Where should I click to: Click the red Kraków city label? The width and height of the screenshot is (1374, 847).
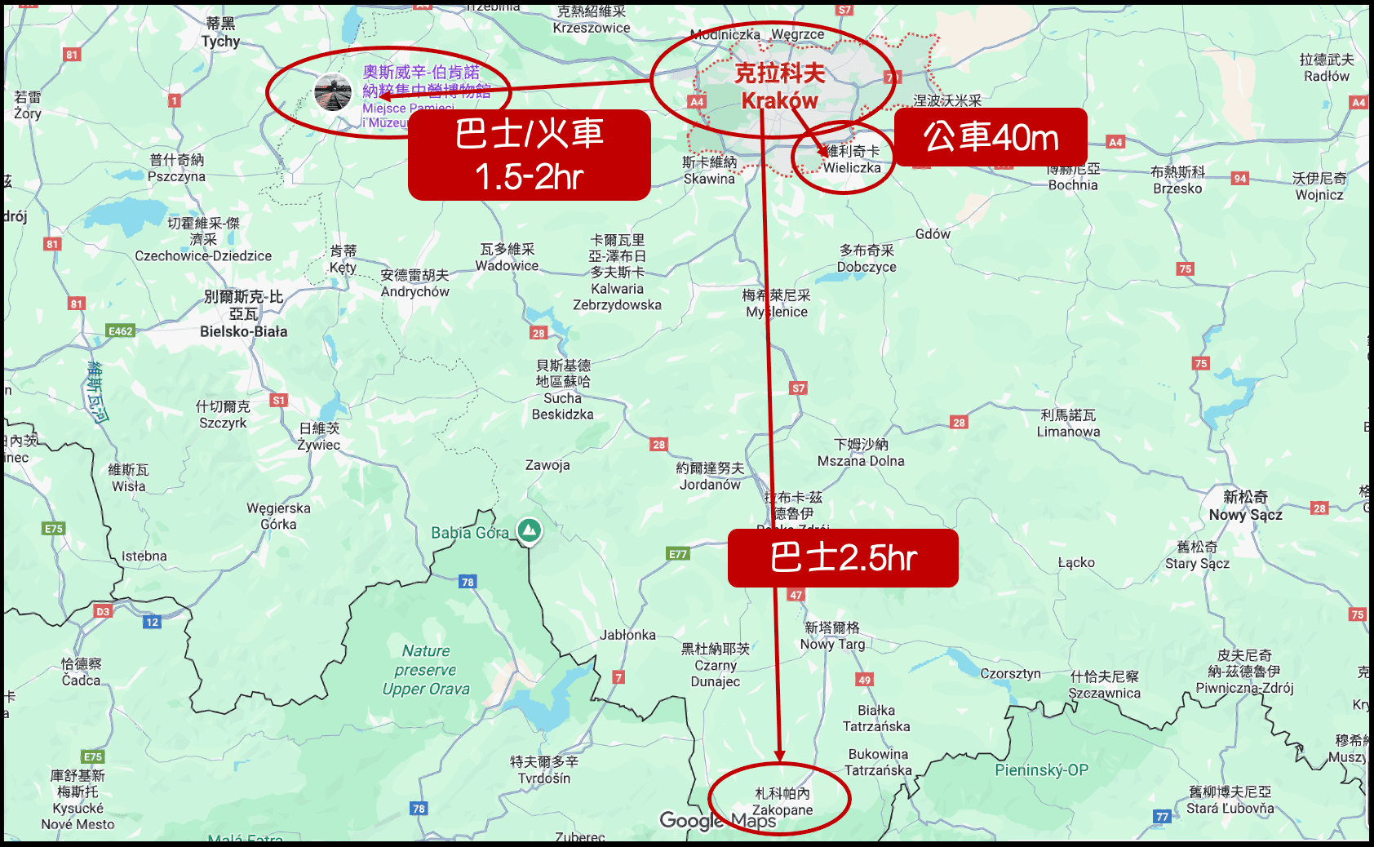[779, 86]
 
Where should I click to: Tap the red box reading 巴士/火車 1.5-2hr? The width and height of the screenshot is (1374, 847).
[530, 155]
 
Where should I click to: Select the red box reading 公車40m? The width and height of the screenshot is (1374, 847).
[991, 137]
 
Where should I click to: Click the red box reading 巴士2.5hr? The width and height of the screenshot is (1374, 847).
[843, 558]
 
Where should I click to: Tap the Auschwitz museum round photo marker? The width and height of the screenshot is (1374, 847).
[333, 92]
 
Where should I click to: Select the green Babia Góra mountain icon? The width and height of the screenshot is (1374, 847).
[530, 530]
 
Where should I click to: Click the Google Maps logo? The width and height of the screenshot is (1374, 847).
[718, 820]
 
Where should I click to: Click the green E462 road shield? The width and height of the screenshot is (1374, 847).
[120, 331]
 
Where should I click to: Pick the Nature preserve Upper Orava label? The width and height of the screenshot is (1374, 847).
[426, 670]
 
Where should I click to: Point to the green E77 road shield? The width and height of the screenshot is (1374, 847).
[678, 554]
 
